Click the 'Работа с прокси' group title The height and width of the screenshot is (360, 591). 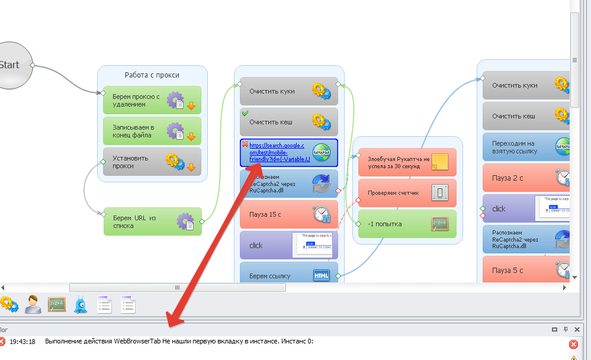click(152, 75)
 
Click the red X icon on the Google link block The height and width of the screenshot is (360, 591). click(245, 144)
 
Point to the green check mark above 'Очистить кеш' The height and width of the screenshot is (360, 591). click(245, 112)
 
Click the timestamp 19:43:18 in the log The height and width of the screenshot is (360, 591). click(23, 342)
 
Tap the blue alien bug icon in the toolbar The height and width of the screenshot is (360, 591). click(81, 305)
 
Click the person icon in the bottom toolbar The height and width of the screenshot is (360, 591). click(33, 305)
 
